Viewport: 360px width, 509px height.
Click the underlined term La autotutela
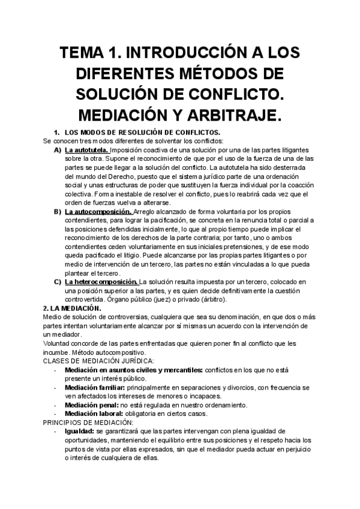click(x=86, y=149)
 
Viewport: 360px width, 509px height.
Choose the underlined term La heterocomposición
click(x=101, y=282)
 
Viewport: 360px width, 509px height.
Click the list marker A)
click(x=58, y=149)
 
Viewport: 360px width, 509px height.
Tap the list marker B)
click(x=58, y=212)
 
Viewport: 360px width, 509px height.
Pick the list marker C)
click(x=58, y=282)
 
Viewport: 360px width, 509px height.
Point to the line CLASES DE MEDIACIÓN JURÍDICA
click(x=99, y=361)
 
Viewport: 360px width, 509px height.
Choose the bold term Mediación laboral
click(x=93, y=414)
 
